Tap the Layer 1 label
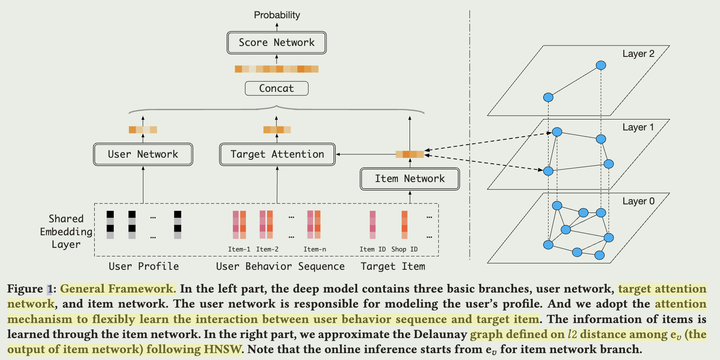tap(639, 127)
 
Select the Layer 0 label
tap(639, 201)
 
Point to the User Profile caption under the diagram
tap(144, 266)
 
